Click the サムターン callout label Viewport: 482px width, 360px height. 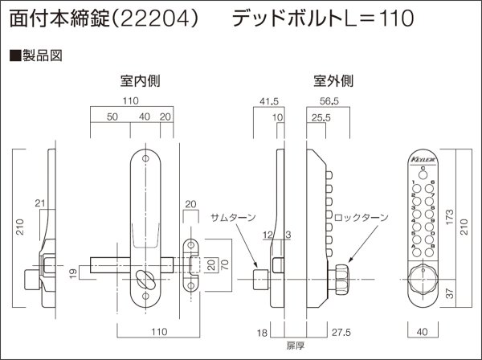[232, 219]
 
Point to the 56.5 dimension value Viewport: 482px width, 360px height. [330, 101]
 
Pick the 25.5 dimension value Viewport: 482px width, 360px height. [322, 117]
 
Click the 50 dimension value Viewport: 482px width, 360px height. [112, 117]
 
